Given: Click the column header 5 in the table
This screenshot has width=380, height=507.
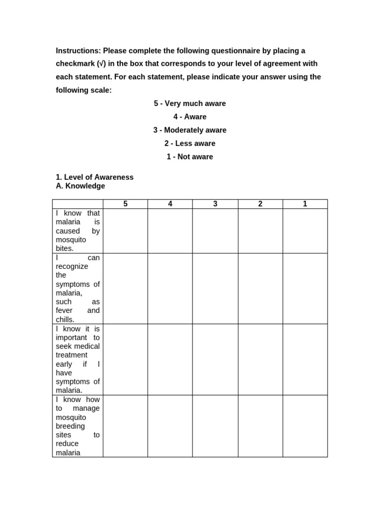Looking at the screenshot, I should click(125, 204).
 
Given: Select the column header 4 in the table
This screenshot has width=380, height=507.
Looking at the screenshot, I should click(170, 204).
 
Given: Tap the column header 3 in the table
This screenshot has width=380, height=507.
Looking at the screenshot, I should click(215, 204).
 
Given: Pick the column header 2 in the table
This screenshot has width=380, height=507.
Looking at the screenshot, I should click(260, 204).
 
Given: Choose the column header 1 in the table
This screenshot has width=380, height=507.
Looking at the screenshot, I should click(305, 204).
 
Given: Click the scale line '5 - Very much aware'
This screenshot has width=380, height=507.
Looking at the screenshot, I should click(190, 103).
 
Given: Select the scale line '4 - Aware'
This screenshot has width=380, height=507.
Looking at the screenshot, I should click(190, 117).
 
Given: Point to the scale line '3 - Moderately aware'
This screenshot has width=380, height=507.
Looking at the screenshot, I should click(190, 130).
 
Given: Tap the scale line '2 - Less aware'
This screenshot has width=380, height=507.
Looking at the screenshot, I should click(190, 144).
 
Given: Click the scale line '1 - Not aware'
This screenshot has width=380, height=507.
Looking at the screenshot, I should click(190, 157).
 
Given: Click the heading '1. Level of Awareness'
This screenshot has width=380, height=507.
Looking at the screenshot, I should click(95, 177).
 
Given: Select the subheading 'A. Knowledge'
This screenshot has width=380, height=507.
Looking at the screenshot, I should click(80, 186).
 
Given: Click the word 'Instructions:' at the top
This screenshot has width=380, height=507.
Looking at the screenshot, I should click(78, 51).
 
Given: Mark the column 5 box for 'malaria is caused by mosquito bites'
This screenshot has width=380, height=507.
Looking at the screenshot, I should click(125, 231).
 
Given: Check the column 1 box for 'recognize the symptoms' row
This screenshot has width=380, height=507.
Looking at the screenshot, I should click(305, 289).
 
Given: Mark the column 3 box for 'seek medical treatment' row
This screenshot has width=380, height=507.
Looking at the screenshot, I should click(215, 359).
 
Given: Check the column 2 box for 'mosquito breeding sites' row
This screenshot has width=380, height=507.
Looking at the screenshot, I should click(260, 426).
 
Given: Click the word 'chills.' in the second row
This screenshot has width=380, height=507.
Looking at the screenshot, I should click(65, 319).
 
